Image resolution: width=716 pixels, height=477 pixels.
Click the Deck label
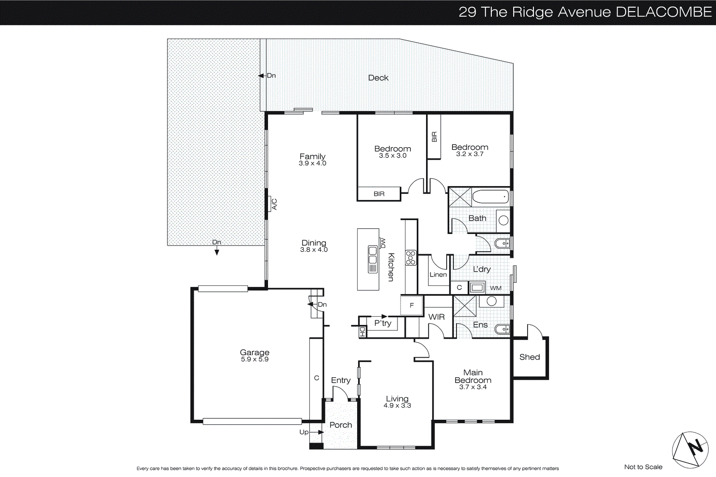click(378, 78)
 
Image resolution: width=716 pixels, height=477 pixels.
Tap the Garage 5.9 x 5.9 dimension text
click(255, 359)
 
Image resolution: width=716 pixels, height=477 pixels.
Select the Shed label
click(529, 357)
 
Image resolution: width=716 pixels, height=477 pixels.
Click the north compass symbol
click(690, 449)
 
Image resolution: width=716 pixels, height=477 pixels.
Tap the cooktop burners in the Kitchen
click(411, 258)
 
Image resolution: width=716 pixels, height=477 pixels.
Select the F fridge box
click(412, 305)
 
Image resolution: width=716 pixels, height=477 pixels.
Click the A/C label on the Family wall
click(274, 204)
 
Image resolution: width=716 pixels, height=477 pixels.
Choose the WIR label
click(436, 317)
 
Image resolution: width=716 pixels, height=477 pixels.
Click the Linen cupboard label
click(438, 275)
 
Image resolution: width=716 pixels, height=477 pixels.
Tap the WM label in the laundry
click(495, 288)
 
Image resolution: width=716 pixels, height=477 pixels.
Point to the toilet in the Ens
click(502, 329)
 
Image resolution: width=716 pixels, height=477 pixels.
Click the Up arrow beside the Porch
click(315, 432)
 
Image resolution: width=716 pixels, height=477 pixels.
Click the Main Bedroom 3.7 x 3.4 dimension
click(473, 387)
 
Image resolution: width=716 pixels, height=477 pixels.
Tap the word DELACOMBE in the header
click(664, 12)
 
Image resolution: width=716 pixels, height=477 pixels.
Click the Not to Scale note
click(643, 467)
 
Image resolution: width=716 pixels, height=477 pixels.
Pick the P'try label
click(383, 323)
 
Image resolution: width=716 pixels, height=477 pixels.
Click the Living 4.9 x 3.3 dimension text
click(397, 406)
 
